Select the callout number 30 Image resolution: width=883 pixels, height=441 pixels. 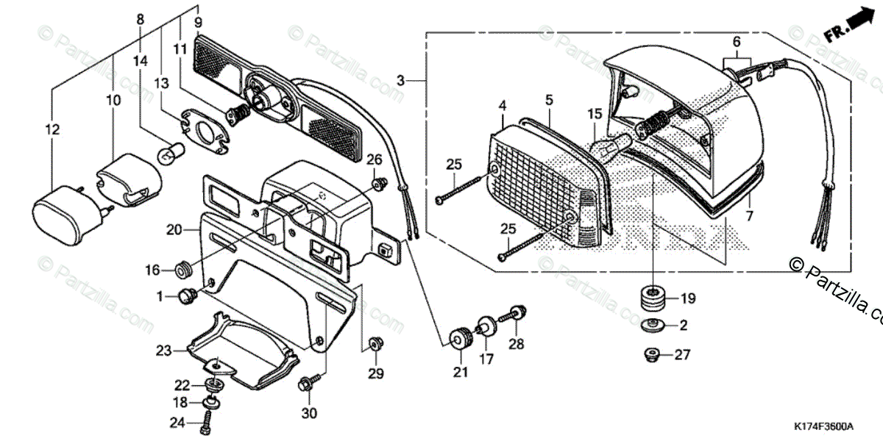pyautogui.click(x=309, y=413)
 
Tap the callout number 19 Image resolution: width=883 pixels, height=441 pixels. pyautogui.click(x=687, y=299)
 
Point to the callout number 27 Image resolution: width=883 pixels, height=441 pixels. pyautogui.click(x=683, y=355)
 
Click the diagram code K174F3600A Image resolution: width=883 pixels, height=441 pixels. pyautogui.click(x=823, y=427)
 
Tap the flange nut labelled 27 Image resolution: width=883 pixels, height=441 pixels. pyautogui.click(x=651, y=354)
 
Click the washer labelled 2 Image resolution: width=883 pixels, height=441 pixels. pyautogui.click(x=653, y=324)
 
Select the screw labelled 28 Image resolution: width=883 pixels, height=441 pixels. pyautogui.click(x=513, y=316)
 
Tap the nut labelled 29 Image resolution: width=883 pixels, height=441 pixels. pyautogui.click(x=376, y=343)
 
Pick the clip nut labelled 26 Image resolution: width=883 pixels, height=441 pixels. pyautogui.click(x=378, y=182)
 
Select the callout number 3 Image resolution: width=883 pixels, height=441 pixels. pyautogui.click(x=400, y=78)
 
